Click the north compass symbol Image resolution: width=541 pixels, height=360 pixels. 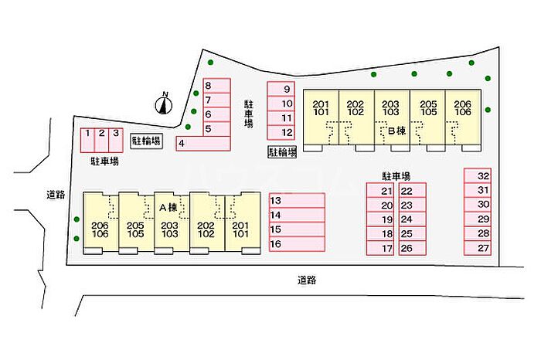click(x=164, y=104)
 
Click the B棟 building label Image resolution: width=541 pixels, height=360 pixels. click(x=396, y=131)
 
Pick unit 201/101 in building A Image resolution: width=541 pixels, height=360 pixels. click(x=240, y=226)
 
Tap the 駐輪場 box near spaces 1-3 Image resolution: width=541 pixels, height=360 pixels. click(x=145, y=141)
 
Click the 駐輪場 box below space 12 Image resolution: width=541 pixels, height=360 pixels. click(x=282, y=153)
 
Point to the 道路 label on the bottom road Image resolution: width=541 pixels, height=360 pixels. click(x=306, y=280)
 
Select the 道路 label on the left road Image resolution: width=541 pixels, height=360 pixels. click(x=54, y=195)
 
